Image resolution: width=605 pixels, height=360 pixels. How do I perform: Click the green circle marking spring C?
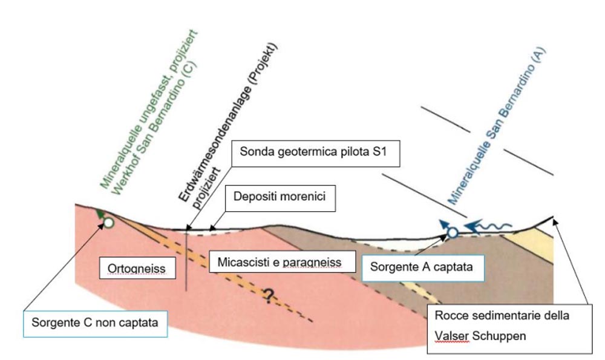[108, 223]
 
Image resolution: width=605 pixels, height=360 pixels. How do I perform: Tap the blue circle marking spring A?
[451, 232]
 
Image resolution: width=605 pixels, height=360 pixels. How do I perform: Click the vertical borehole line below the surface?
[186, 260]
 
